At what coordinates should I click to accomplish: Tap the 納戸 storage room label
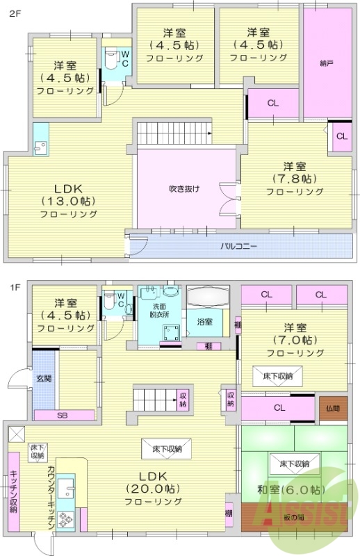point(327,64)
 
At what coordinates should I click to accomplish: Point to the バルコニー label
point(239,245)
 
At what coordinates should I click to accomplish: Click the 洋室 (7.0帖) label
point(295,340)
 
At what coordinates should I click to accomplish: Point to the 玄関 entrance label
point(44,379)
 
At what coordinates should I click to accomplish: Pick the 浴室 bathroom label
point(204,322)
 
